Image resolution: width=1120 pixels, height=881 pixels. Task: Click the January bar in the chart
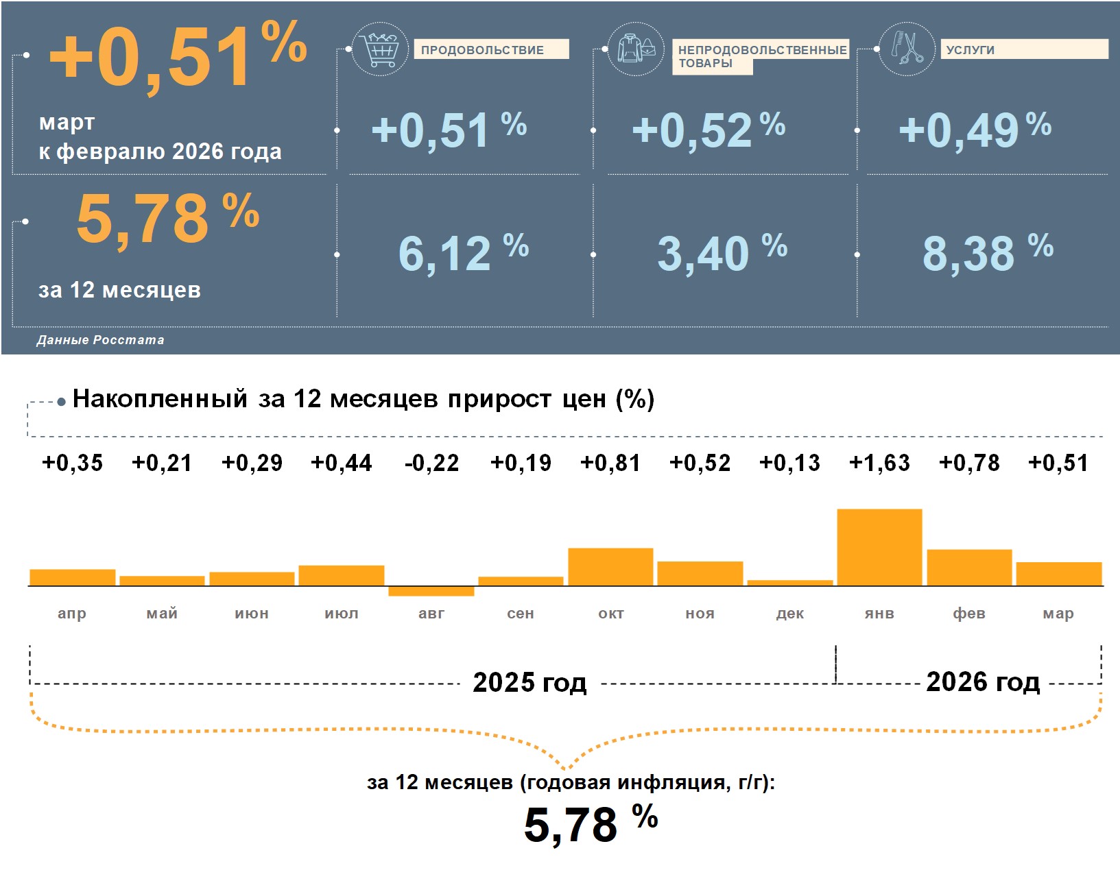[879, 547]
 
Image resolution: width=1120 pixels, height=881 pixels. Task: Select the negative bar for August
[431, 591]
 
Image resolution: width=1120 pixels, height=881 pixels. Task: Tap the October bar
[610, 566]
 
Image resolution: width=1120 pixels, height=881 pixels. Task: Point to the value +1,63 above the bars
[879, 463]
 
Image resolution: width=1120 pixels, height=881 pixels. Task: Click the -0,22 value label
[431, 463]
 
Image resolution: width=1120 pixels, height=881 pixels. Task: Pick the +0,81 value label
[610, 463]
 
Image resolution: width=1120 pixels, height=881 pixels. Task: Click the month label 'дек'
[789, 614]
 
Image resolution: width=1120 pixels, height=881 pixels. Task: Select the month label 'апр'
[72, 614]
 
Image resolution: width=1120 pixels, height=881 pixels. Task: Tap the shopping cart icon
[380, 49]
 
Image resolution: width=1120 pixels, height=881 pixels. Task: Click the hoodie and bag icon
[636, 49]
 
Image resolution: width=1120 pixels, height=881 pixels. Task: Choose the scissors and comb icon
[906, 49]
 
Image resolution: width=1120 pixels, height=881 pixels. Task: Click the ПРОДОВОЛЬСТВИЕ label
[482, 50]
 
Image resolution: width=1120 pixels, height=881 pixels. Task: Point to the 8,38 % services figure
[987, 252]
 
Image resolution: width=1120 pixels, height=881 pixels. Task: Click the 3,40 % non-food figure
[722, 252]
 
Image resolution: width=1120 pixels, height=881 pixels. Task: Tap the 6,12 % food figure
[463, 252]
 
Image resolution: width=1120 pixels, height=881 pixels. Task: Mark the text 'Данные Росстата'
[100, 340]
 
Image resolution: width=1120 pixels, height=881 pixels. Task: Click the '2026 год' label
[982, 682]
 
